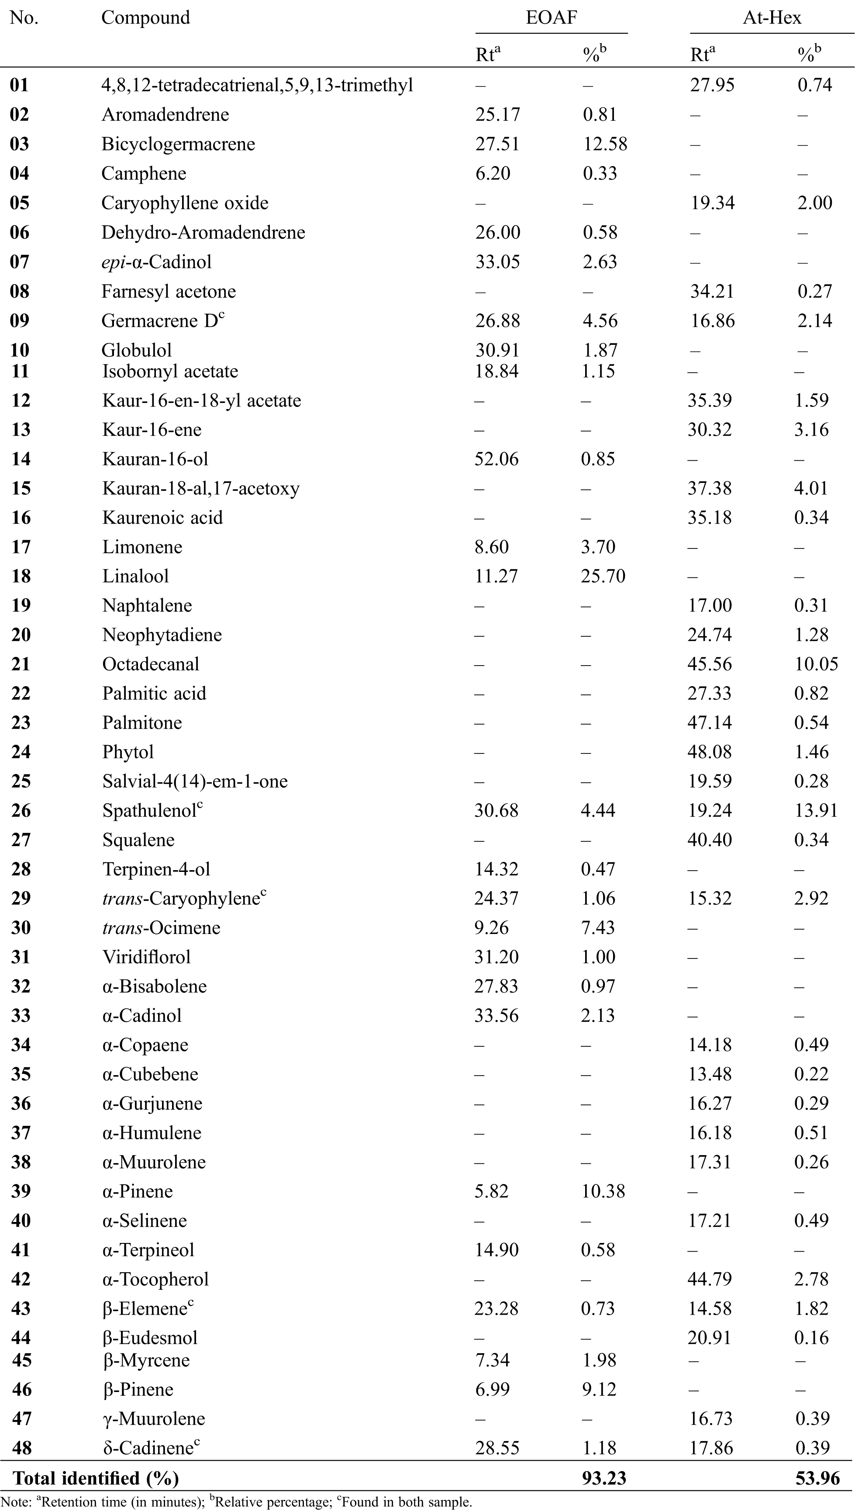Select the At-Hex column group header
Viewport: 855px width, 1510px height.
(772, 17)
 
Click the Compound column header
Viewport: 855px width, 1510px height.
(146, 17)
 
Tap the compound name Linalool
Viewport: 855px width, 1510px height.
(136, 576)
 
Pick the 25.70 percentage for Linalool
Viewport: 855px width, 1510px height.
(603, 576)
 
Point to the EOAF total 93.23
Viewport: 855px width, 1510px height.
(604, 1478)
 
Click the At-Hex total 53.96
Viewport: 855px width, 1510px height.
(817, 1478)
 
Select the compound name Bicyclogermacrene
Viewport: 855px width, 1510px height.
(178, 144)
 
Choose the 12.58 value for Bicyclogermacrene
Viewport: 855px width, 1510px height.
(605, 144)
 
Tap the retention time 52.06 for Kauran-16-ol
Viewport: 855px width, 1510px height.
(496, 459)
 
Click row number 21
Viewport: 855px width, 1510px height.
(21, 664)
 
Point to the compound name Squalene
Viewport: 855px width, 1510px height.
(138, 840)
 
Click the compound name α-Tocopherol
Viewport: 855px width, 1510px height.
(155, 1279)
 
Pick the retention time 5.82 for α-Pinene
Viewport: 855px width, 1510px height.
(492, 1191)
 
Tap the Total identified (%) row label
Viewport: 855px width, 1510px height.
(96, 1478)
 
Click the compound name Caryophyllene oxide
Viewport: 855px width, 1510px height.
(185, 203)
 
